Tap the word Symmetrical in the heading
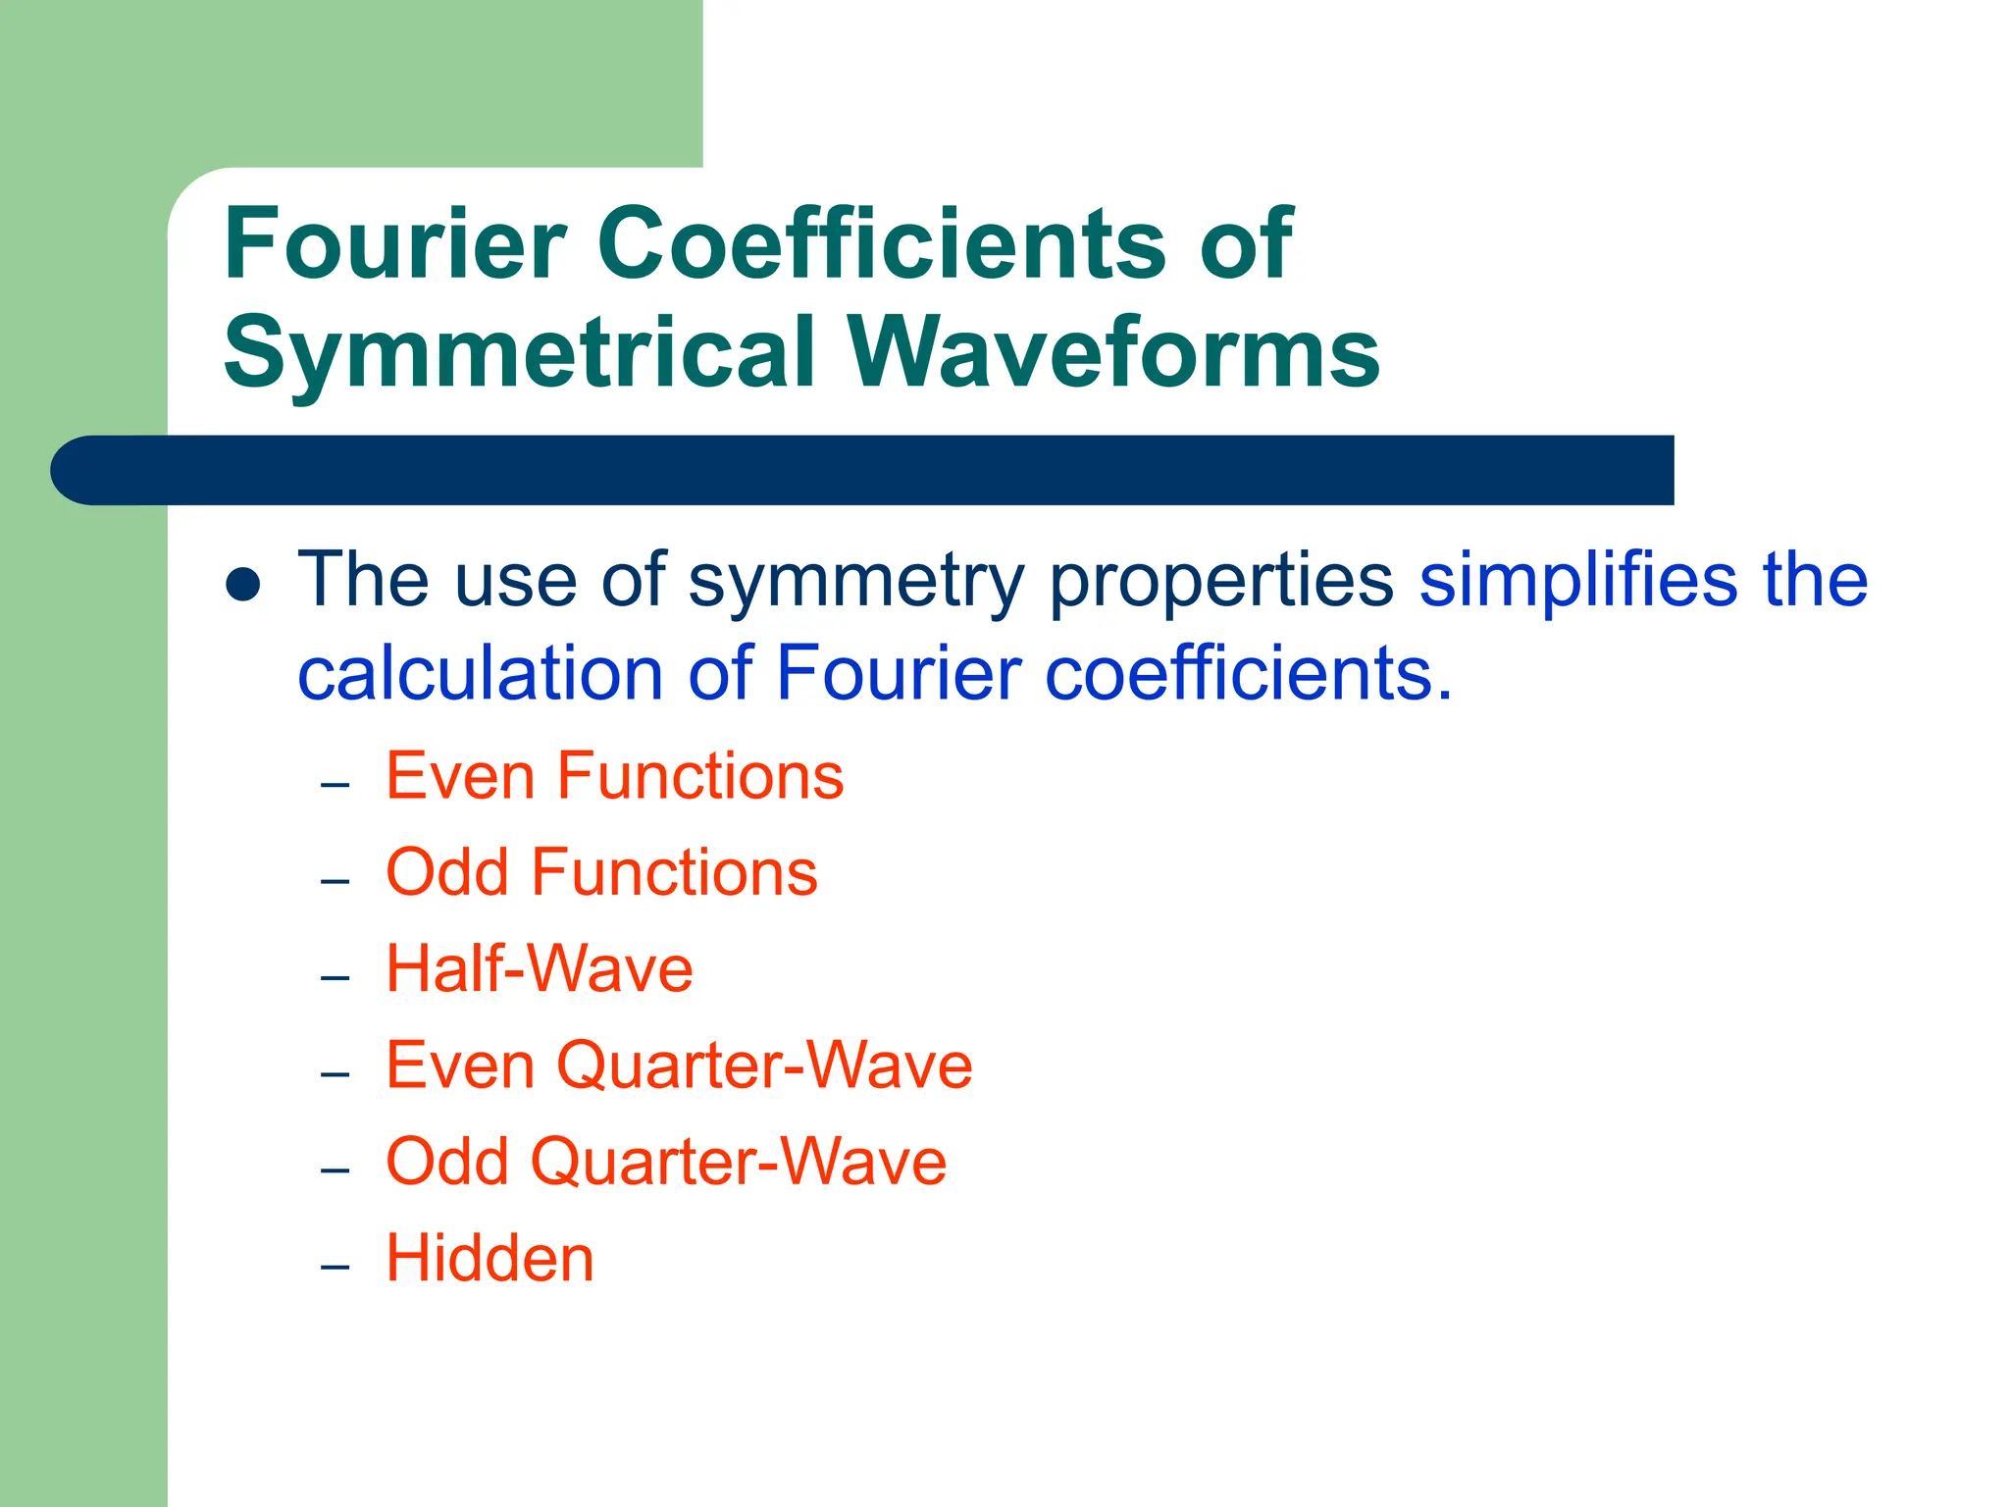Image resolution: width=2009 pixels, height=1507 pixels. [x=520, y=351]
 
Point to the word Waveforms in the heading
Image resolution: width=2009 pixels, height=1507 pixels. [x=1114, y=351]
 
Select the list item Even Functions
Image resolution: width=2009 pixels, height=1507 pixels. [x=614, y=776]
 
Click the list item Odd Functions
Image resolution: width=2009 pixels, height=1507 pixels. [x=601, y=872]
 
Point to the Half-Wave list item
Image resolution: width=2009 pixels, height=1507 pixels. [x=540, y=968]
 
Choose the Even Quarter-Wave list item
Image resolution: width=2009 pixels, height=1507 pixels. [x=679, y=1065]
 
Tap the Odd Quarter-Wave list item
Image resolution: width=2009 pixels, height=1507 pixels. [x=666, y=1162]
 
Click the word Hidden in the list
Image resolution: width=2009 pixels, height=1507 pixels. [x=489, y=1258]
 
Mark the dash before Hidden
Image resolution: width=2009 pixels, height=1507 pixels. [x=335, y=1267]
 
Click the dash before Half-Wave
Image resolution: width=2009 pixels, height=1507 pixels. [x=335, y=977]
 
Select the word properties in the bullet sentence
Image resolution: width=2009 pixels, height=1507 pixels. [x=1221, y=581]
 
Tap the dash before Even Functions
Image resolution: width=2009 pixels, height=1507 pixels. [x=335, y=785]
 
